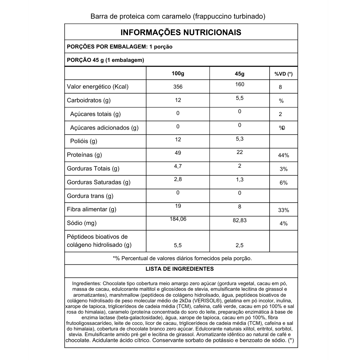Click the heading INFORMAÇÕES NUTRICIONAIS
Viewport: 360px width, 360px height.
[x=181, y=32]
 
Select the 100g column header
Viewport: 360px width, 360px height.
[x=178, y=73]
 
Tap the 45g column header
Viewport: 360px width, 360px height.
[x=239, y=74]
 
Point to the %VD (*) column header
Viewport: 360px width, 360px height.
[x=283, y=74]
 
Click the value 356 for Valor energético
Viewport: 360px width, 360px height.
[x=178, y=87]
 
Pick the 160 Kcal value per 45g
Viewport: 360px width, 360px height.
[x=239, y=84]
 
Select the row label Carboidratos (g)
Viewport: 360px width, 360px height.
[x=89, y=100]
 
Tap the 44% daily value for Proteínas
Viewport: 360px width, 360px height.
[x=283, y=155]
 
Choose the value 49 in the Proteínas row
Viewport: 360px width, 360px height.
[x=178, y=153]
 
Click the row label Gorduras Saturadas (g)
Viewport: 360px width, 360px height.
[x=98, y=182]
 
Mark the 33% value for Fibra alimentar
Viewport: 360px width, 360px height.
[x=283, y=210]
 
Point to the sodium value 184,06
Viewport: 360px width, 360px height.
[x=178, y=219]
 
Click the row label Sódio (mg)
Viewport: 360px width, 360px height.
[x=82, y=223]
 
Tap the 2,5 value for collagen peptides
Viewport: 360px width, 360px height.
[x=239, y=245]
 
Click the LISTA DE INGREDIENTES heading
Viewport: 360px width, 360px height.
[x=180, y=269]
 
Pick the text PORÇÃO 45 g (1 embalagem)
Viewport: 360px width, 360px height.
[x=105, y=60]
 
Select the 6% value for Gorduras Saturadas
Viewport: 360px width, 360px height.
[x=283, y=183]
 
